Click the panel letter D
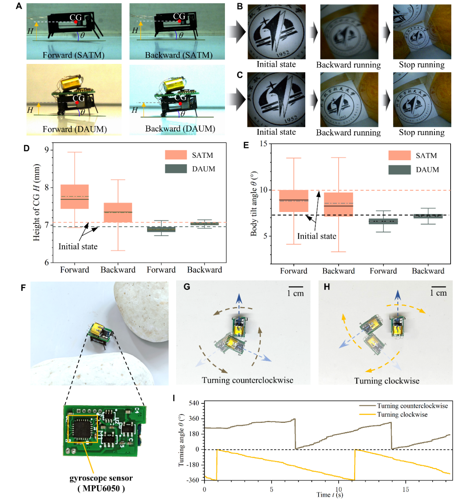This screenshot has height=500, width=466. click(26, 148)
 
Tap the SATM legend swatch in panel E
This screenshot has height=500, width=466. click(399, 155)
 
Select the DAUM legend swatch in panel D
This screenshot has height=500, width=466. click(176, 169)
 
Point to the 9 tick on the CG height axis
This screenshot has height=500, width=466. click(47, 150)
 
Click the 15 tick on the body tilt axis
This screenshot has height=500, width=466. click(263, 144)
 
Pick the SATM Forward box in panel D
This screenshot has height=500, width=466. click(74, 197)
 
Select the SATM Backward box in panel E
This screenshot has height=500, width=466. click(338, 204)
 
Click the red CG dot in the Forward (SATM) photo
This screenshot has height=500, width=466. click(76, 22)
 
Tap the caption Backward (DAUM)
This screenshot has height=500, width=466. click(180, 129)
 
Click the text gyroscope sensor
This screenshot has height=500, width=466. click(101, 478)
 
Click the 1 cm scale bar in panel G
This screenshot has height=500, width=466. click(296, 287)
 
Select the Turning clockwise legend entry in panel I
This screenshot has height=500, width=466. click(402, 414)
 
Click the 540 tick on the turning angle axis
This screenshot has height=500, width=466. click(194, 403)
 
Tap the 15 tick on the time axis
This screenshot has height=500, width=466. click(405, 489)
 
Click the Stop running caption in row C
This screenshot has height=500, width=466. click(422, 132)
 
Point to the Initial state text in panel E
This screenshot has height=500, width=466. click(317, 236)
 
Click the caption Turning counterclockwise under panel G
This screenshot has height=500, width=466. click(247, 380)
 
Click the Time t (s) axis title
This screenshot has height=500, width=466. click(330, 495)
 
